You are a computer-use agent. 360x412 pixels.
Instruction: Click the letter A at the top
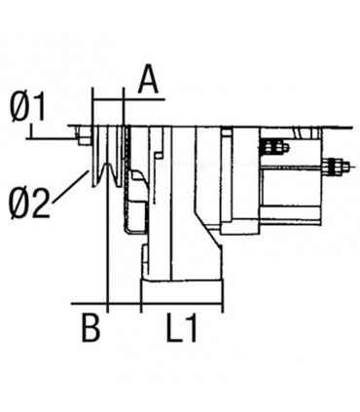tap(148, 79)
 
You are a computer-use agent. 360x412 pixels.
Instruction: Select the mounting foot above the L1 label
tap(185, 291)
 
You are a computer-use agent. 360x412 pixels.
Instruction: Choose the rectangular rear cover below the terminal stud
tap(292, 195)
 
